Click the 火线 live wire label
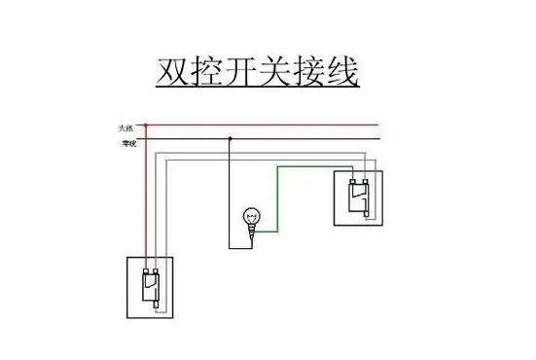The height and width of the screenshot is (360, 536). pos(126,126)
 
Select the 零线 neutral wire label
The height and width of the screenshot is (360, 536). pos(127,143)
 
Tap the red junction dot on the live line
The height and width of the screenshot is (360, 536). pos(146,125)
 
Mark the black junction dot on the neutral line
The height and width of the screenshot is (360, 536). pos(230,138)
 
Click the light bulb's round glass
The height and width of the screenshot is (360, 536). pos(251,216)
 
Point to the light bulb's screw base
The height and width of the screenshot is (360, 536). pos(252,231)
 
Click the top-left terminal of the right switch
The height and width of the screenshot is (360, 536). pos(353,181)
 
